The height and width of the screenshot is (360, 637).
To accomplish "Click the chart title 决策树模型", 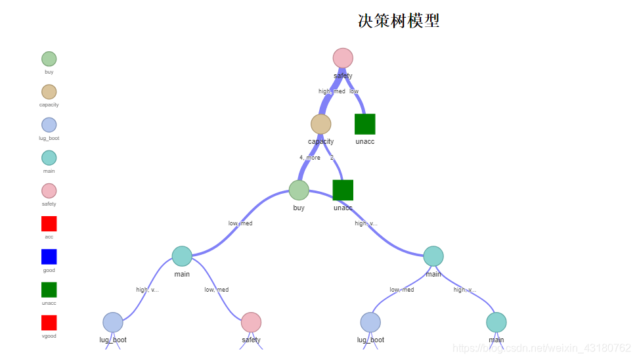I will [399, 21].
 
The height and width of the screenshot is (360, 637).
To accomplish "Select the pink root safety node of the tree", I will [343, 58].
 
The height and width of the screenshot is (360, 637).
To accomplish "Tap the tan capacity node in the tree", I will [320, 124].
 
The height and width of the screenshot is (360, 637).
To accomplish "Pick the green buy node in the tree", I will [299, 190].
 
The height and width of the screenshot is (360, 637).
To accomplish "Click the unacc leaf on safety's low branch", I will [364, 124].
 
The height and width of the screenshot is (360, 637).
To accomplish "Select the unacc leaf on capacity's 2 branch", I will [343, 190].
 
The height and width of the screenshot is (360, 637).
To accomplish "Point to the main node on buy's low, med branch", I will [182, 256].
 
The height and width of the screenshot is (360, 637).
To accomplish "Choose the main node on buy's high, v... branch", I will [433, 256].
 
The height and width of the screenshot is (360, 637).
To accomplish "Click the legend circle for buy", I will [49, 59].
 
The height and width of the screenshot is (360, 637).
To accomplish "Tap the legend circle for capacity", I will [49, 92].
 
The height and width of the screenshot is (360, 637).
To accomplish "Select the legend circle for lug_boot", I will [49, 125].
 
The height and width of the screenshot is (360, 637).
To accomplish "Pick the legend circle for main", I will [49, 158].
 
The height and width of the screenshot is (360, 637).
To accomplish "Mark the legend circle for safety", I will [49, 191].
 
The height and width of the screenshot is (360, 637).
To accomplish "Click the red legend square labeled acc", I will [49, 223].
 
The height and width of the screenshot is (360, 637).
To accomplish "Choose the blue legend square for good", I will [49, 257].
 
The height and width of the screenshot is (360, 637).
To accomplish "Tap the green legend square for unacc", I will [49, 290].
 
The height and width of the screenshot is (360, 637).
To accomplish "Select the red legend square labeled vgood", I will [49, 323].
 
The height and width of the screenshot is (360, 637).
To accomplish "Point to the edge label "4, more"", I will [310, 158].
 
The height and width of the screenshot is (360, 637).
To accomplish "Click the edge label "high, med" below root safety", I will [332, 91].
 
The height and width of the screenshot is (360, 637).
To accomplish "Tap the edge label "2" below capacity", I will [332, 158].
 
